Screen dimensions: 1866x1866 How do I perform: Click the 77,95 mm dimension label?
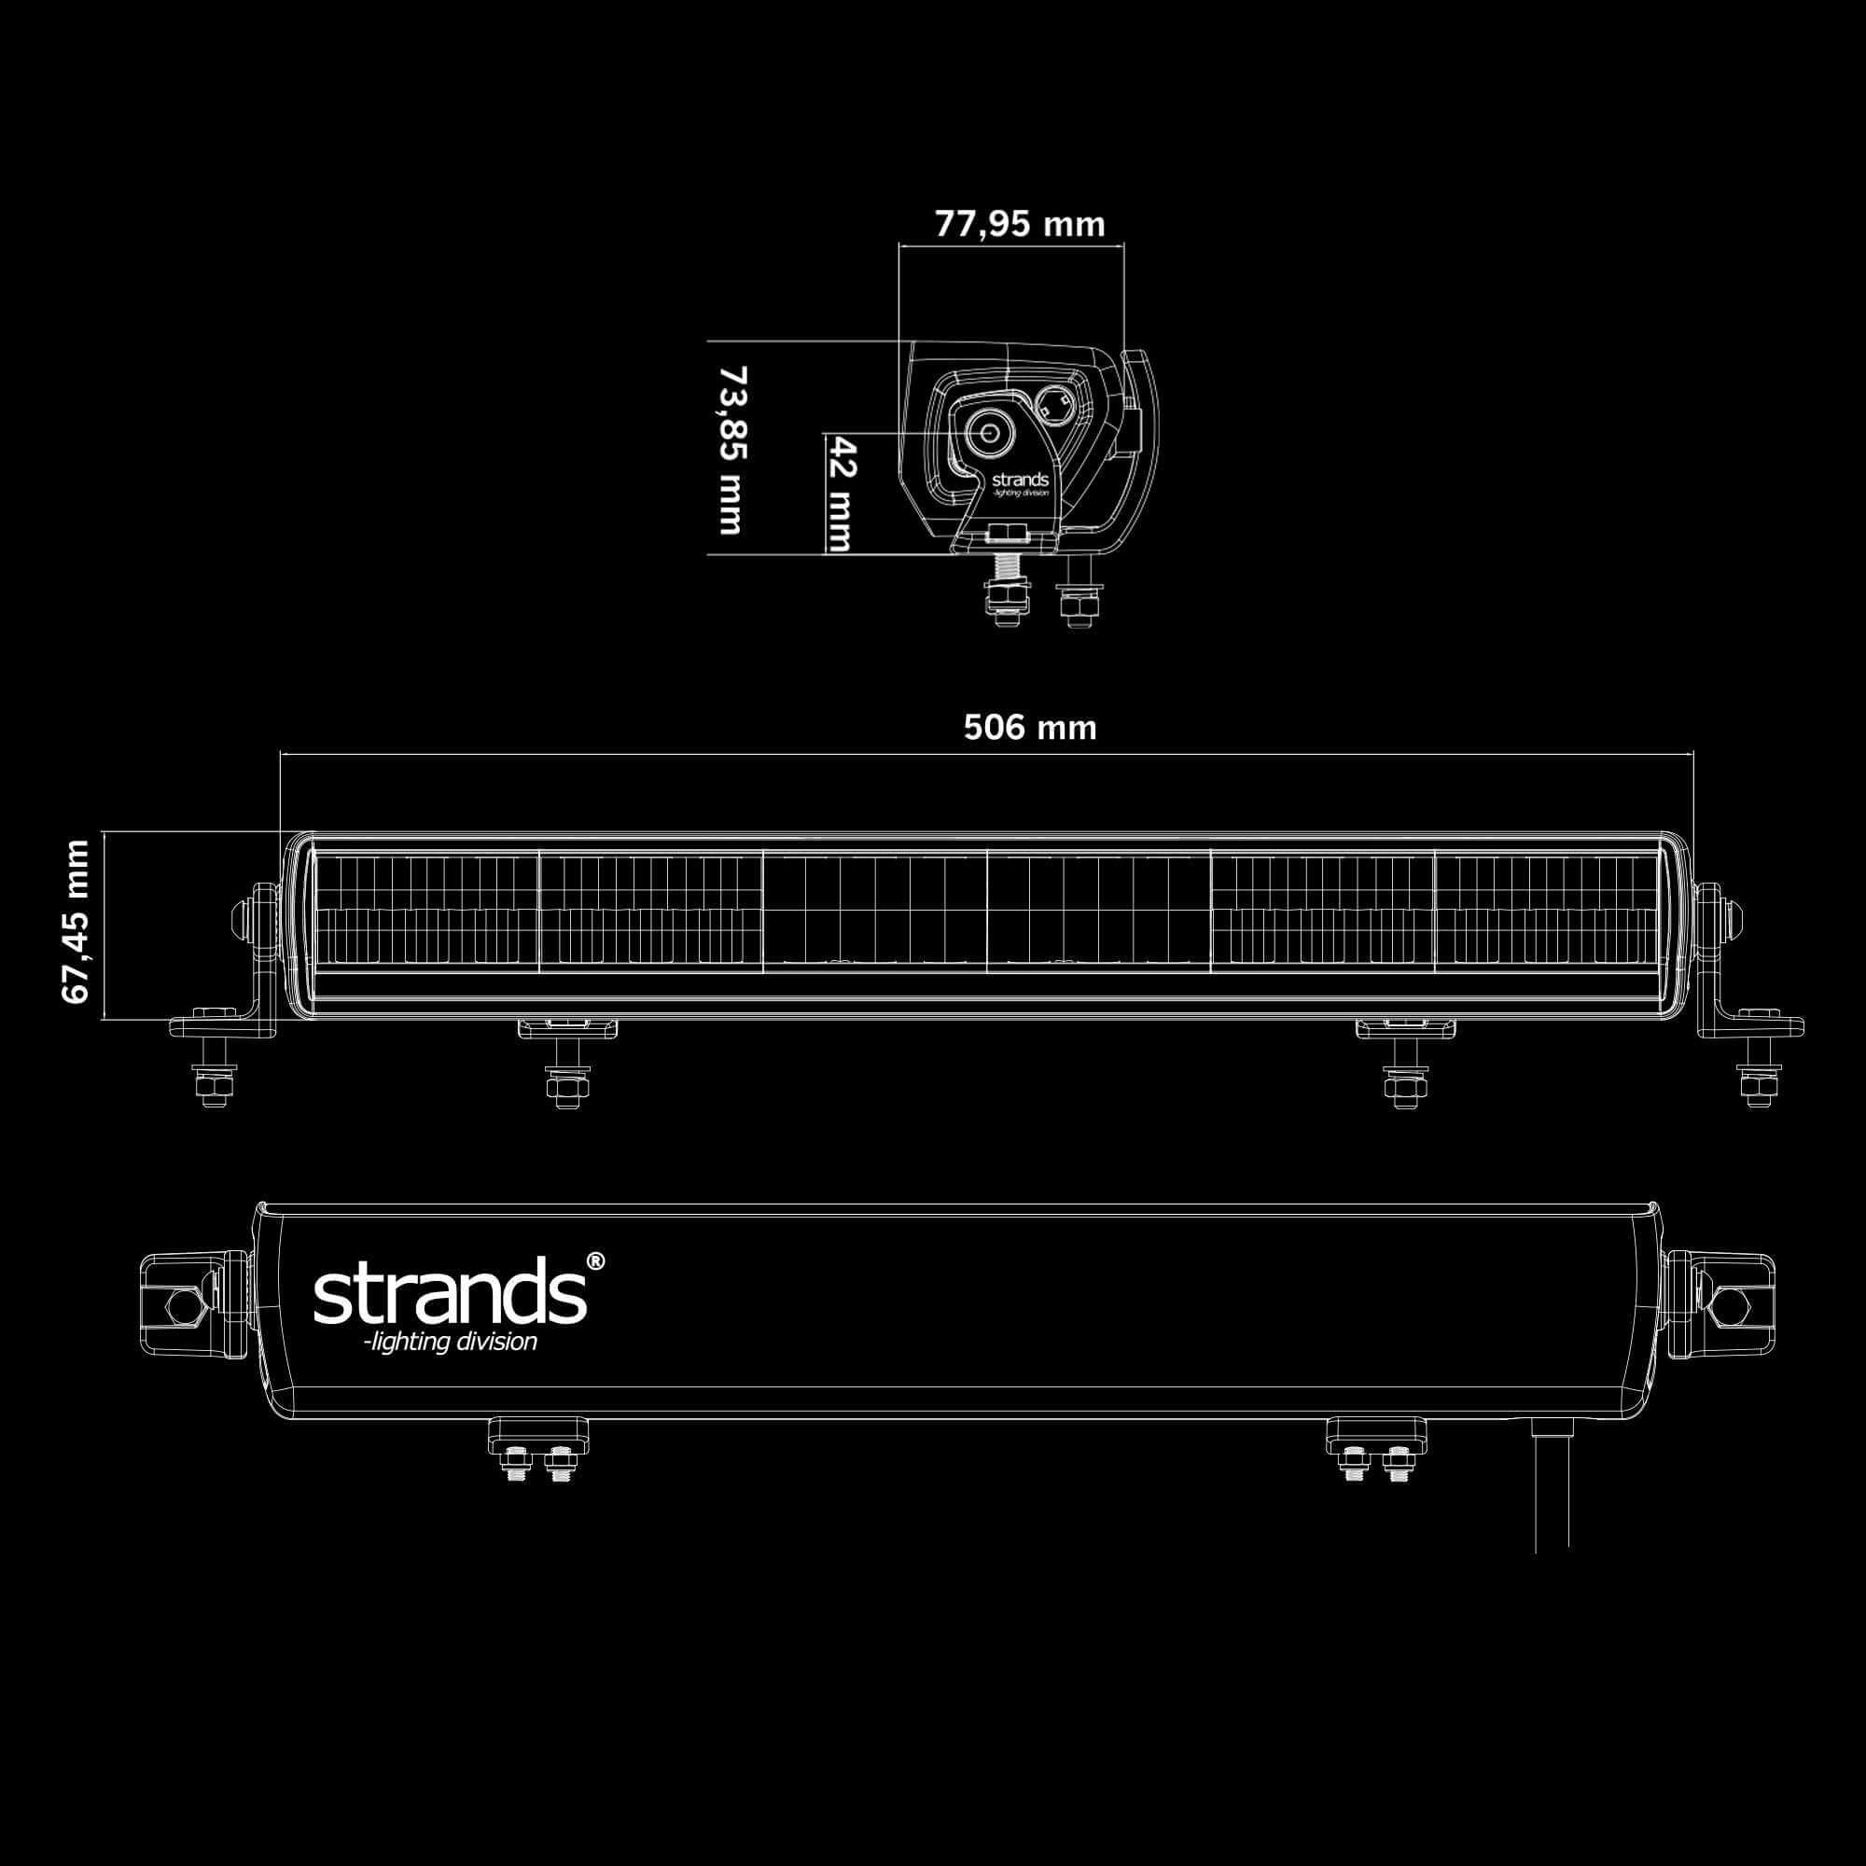pyautogui.click(x=1019, y=224)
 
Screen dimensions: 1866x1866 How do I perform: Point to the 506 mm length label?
pyautogui.click(x=1030, y=728)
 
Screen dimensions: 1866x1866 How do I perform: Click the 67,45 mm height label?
pyautogui.click(x=77, y=922)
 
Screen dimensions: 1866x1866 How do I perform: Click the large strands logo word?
pyautogui.click(x=449, y=1291)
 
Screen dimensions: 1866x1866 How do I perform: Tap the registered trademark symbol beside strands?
pyautogui.click(x=596, y=1261)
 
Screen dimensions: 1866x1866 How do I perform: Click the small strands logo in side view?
pyautogui.click(x=1019, y=480)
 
